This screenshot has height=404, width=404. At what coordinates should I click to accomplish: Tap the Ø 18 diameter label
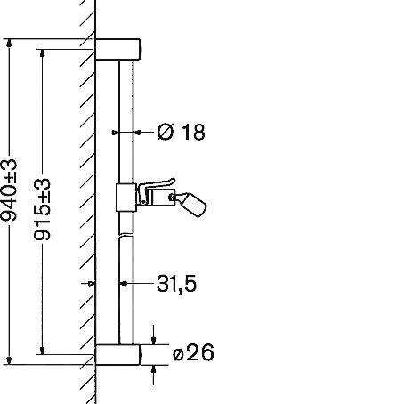point(181,133)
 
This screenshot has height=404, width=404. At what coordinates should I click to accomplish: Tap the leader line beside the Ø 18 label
point(142,133)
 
